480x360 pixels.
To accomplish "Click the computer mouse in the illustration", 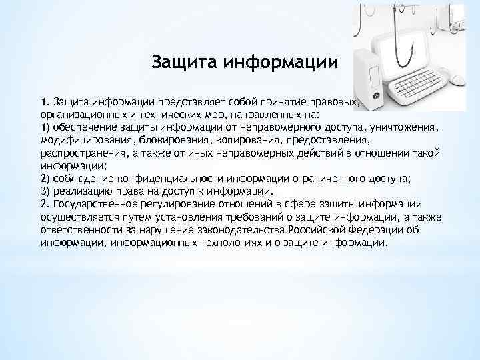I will click(x=457, y=79).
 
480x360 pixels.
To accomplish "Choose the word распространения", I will click(x=87, y=153).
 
